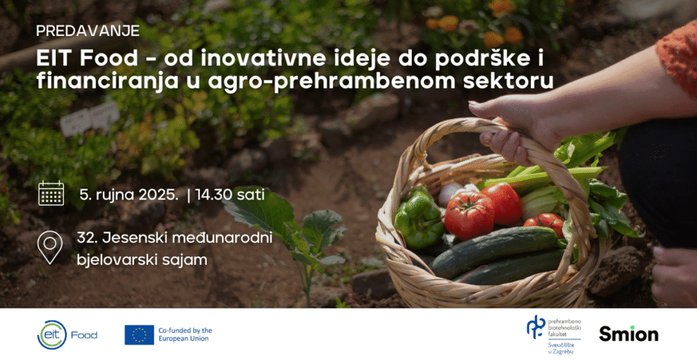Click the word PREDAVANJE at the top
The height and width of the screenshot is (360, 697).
pos(88,31)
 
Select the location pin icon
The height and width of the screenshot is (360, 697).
pos(50,247)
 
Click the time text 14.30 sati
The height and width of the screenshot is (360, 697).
pos(230,195)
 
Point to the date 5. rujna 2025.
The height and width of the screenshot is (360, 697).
pos(129,195)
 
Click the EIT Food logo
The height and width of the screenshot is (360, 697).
pos(67,334)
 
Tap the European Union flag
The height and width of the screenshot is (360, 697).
pos(139,334)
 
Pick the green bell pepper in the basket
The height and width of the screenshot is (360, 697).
pos(418,217)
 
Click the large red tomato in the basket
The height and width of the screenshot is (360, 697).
pos(469,214)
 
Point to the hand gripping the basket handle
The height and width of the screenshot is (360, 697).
pos(507,122)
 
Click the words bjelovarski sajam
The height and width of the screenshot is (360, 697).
pos(143,259)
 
